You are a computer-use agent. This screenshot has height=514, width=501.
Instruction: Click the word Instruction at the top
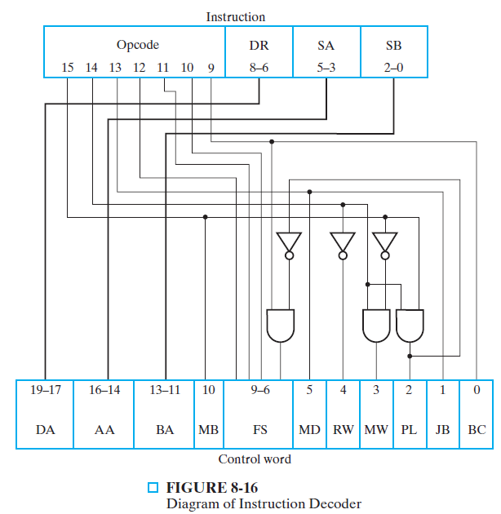click(235, 16)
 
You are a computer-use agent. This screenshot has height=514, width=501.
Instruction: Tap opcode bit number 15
click(68, 68)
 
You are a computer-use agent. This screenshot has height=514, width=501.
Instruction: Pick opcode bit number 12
click(140, 68)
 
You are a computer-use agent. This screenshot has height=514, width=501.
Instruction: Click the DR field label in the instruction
click(259, 46)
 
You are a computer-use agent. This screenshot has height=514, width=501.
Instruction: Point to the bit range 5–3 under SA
click(326, 68)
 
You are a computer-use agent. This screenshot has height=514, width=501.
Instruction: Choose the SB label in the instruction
click(393, 46)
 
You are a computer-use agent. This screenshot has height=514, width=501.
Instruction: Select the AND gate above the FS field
click(281, 326)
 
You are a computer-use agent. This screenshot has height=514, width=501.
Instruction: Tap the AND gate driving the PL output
click(410, 326)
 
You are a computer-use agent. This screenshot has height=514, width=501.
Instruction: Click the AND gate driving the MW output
click(376, 326)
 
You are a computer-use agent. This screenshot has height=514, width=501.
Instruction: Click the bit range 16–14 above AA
click(104, 391)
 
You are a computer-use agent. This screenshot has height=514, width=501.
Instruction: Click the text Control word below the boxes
click(255, 459)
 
